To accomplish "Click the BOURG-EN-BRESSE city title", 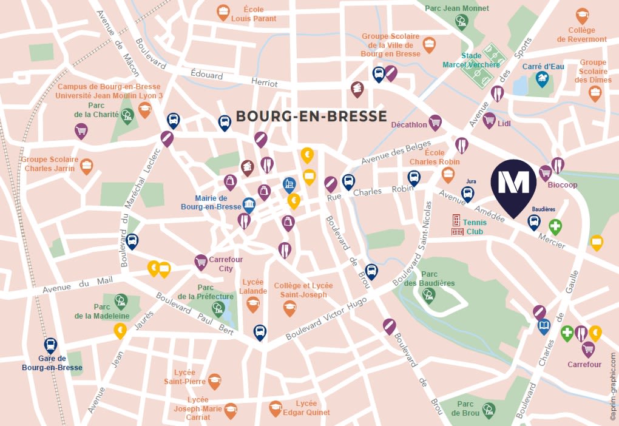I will (x=311, y=117).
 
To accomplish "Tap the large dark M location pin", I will (x=513, y=184).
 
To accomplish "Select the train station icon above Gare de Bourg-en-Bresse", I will (x=50, y=346).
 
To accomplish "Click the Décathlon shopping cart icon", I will (x=435, y=123).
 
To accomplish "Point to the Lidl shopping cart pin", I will (x=489, y=120).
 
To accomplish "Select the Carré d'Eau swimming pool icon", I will (x=541, y=78).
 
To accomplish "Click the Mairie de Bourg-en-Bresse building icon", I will (x=249, y=204).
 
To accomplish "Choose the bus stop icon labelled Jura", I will (x=467, y=194).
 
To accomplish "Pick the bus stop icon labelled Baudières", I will (x=533, y=222).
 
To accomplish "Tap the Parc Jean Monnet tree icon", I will (x=461, y=22).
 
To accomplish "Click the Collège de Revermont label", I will (x=587, y=35).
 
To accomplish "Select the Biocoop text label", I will (x=563, y=184).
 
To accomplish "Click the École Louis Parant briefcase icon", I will (x=223, y=11).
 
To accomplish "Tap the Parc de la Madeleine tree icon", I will (x=121, y=300).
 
